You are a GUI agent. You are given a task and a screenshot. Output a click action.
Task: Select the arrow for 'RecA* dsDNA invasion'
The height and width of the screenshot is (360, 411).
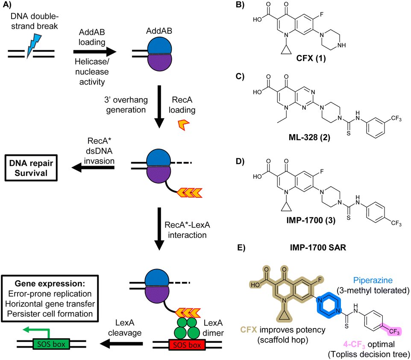tap(93, 169)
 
